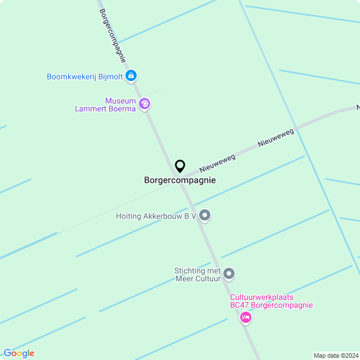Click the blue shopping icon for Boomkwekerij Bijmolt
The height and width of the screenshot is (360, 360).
coord(131,75)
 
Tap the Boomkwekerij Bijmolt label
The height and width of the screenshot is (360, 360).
coord(84,76)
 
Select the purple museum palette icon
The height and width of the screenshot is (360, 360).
coord(145,103)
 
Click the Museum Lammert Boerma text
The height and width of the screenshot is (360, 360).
coord(106,105)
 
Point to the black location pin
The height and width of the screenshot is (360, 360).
coord(180,166)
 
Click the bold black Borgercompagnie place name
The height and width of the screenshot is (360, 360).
coord(180,181)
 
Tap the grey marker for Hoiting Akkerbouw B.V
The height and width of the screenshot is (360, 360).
coord(205,215)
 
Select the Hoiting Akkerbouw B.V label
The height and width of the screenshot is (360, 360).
coord(156,216)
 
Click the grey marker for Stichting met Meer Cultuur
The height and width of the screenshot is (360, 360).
coord(228,274)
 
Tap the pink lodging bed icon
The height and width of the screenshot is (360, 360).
coord(245,318)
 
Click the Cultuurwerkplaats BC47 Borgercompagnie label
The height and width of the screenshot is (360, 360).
coord(271,301)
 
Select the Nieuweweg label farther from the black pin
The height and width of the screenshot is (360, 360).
coord(276,137)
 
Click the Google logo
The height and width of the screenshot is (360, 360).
coord(19,353)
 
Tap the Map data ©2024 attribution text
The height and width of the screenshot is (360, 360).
coord(336,355)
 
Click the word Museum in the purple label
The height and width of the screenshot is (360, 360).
coord(120,101)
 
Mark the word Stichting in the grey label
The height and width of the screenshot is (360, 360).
coord(190,271)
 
